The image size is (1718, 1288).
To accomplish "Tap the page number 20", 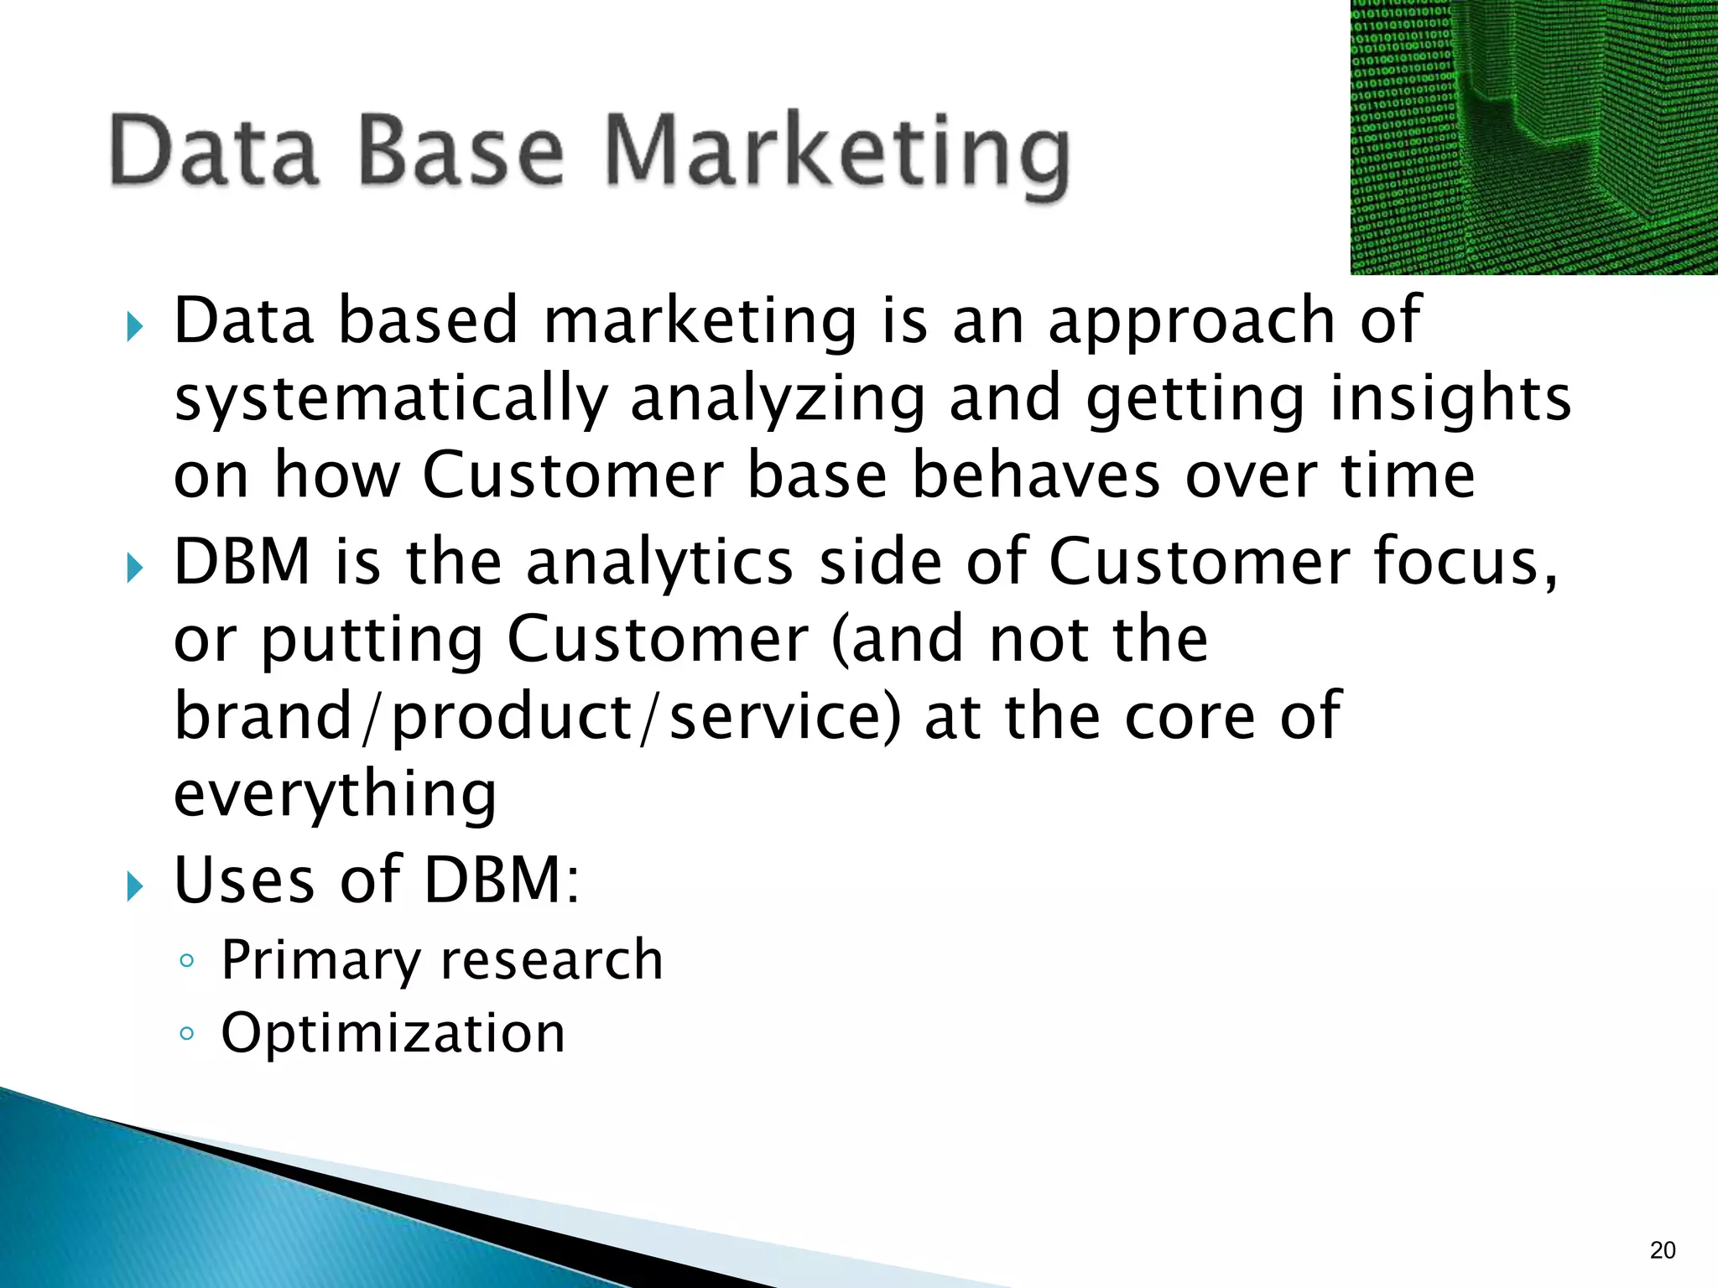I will pyautogui.click(x=1662, y=1250).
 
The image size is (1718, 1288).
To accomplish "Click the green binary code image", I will pyautogui.click(x=1533, y=137).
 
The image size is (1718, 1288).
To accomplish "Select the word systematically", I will pyautogui.click(x=390, y=399).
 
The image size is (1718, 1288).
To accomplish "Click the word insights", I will pyautogui.click(x=1450, y=399).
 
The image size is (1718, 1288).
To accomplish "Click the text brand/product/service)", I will pyautogui.click(x=537, y=717).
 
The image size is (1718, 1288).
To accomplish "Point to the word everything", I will pyautogui.click(x=335, y=794).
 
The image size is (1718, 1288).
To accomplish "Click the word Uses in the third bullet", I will pyautogui.click(x=244, y=880).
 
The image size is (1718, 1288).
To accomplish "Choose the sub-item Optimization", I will pyautogui.click(x=393, y=1032).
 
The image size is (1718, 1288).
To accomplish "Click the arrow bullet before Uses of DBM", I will pyautogui.click(x=134, y=885).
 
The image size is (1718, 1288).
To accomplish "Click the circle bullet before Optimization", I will pyautogui.click(x=187, y=1034).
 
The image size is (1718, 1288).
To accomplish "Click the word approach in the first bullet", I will pyautogui.click(x=1191, y=323).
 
